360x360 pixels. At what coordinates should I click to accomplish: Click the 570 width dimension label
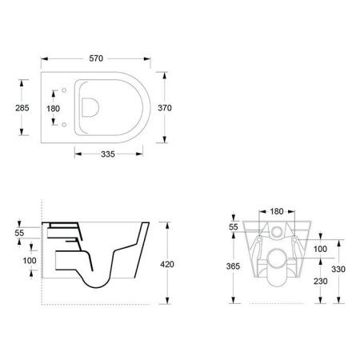96,58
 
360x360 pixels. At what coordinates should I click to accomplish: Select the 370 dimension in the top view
165,108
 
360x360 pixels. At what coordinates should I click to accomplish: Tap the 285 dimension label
22,108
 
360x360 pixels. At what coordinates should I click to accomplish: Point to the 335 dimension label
108,154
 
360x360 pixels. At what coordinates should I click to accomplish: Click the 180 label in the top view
53,109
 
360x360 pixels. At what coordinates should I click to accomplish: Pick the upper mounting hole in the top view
64,90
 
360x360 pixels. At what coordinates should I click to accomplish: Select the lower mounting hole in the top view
64,125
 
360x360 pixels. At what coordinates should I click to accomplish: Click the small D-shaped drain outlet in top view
90,107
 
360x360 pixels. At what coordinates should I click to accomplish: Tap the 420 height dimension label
167,264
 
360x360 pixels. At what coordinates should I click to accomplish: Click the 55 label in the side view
19,233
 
